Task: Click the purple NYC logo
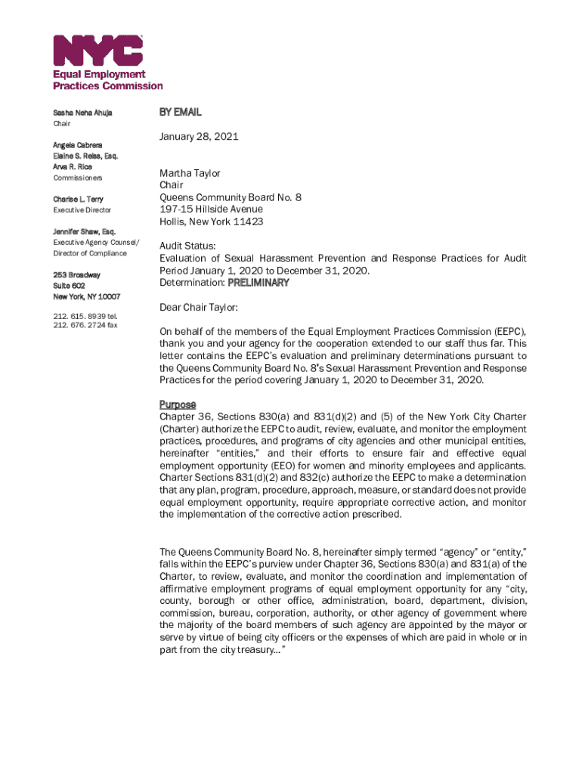98,51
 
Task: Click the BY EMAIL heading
180,112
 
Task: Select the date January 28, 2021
199,137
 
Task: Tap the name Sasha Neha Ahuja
82,113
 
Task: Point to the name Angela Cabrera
78,144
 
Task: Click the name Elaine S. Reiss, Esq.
85,156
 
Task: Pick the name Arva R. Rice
73,166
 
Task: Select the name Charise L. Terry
78,200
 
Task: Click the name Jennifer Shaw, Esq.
84,231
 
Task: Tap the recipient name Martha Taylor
190,173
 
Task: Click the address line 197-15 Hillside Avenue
211,209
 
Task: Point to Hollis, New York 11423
211,221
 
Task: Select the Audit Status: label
187,246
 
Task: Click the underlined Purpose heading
178,404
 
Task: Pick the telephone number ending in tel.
85,316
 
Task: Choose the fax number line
85,326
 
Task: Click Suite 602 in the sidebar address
70,286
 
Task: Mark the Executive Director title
82,210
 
